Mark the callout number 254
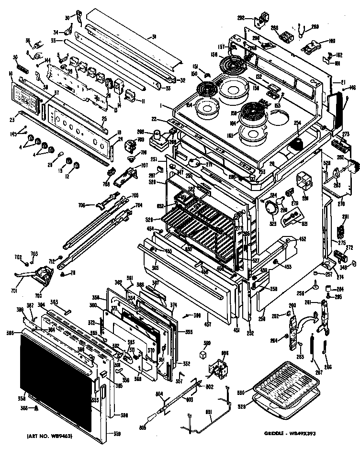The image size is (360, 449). [x=297, y=123]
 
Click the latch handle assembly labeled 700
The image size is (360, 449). [x=43, y=276]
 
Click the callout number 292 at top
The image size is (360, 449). [x=241, y=18]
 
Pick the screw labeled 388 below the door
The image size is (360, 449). [x=37, y=408]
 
